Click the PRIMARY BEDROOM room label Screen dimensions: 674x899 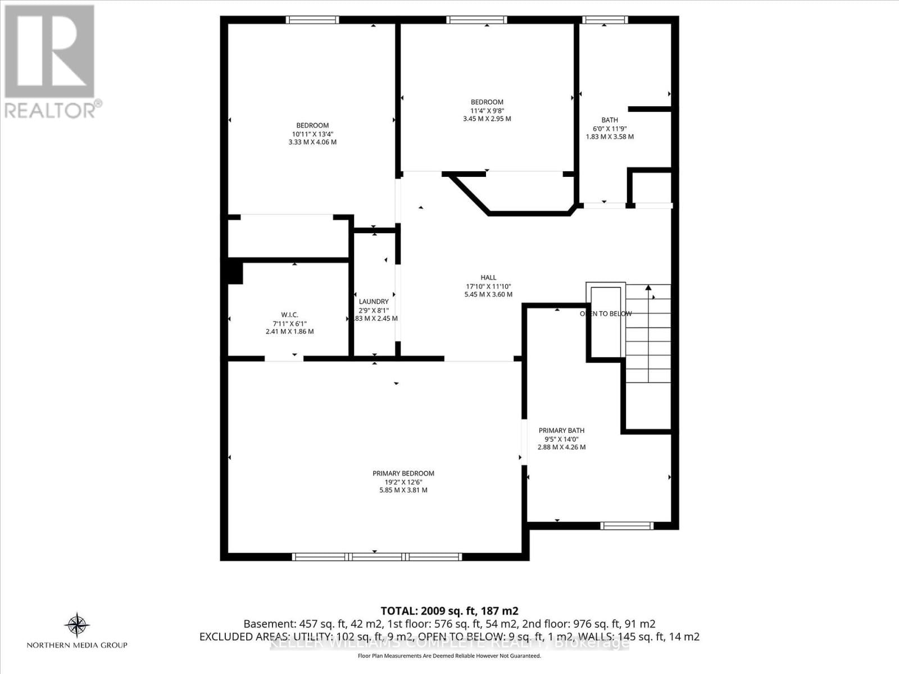[x=403, y=473]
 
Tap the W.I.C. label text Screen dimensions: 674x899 [x=289, y=315]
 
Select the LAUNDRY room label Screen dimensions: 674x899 [x=374, y=302]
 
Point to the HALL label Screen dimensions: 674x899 [x=488, y=277]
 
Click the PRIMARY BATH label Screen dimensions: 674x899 [x=561, y=431]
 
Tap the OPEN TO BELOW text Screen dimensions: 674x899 [x=606, y=314]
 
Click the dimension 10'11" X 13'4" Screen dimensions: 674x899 [x=312, y=134]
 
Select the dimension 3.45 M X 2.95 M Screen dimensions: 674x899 [x=487, y=119]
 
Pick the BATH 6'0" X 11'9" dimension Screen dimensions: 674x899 [x=610, y=128]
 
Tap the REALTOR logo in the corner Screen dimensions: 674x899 [x=51, y=62]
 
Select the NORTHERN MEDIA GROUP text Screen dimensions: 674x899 [x=77, y=645]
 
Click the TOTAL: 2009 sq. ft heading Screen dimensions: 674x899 [x=449, y=611]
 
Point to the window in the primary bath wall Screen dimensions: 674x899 [x=626, y=526]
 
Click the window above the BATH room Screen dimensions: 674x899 [x=605, y=20]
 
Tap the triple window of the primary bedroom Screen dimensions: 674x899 [x=376, y=557]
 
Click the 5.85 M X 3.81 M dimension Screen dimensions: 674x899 [x=403, y=490]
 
